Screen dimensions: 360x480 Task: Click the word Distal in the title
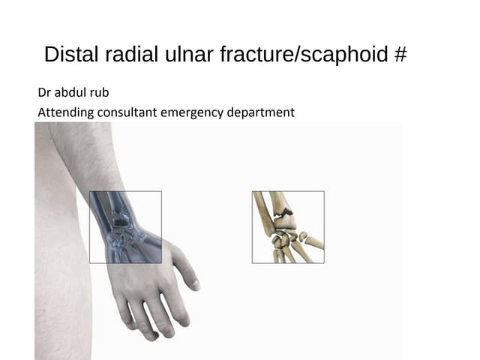coord(70,55)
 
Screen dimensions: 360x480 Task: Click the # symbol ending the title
coord(400,55)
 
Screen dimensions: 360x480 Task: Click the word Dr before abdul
coord(44,94)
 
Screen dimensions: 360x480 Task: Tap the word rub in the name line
coord(100,94)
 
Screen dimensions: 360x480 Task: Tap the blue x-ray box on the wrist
coord(125,226)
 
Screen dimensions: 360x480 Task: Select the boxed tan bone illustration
coord(288,226)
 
